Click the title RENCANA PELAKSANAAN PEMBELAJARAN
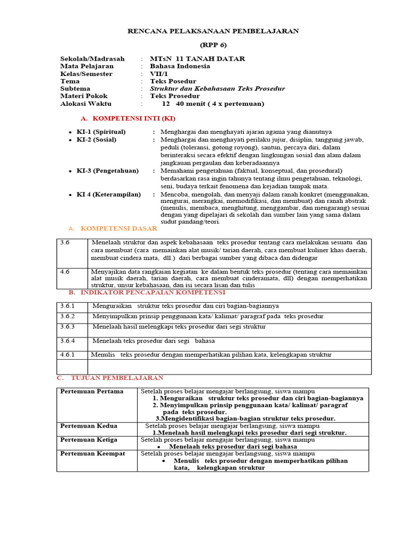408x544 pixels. (213, 31)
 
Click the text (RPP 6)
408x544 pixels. (213, 46)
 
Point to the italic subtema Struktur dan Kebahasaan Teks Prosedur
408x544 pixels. (217, 89)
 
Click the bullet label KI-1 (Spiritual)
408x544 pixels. (101, 132)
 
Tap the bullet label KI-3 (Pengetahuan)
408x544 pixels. (107, 171)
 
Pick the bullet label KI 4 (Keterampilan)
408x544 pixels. (108, 194)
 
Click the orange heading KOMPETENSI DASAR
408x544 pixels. (118, 228)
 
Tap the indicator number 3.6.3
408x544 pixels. (67, 327)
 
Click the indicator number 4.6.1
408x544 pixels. (67, 354)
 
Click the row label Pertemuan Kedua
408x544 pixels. (89, 426)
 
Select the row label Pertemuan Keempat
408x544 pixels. (92, 454)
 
